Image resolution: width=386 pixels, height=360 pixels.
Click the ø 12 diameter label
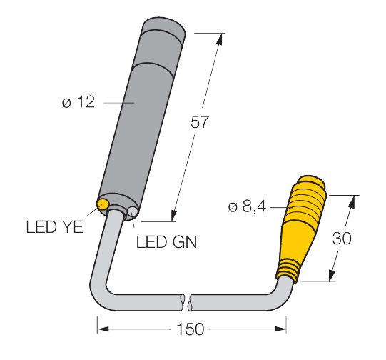click(78, 102)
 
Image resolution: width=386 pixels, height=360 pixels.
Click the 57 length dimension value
click(199, 122)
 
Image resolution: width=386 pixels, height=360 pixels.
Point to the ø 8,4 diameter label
click(247, 207)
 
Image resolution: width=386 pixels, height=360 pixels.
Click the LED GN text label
click(166, 242)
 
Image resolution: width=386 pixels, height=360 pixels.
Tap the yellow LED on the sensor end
click(103, 206)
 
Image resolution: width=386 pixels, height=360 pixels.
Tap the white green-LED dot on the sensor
click(132, 211)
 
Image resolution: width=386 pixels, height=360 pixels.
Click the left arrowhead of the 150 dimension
click(101, 329)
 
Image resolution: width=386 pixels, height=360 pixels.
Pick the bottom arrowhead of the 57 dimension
click(173, 214)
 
